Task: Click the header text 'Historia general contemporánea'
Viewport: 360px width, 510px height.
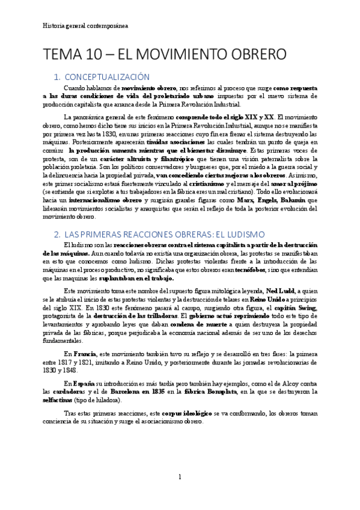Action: (85, 26)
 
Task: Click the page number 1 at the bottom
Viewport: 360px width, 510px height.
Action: (179, 477)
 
